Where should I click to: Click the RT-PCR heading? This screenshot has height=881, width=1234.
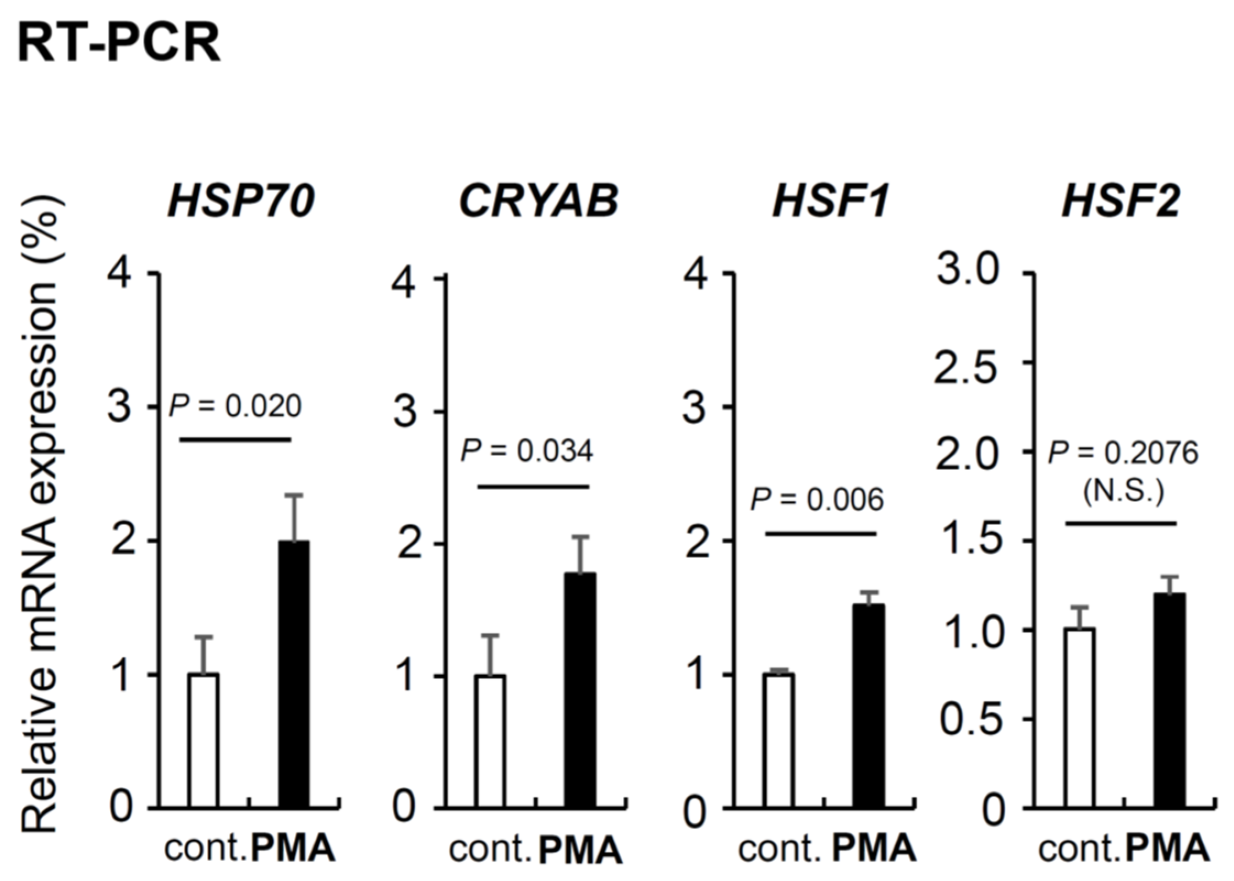tap(119, 42)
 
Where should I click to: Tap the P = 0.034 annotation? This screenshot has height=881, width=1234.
tap(526, 452)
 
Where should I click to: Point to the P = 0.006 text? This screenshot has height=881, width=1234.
tap(817, 500)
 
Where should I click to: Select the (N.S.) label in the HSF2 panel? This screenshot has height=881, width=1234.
tap(1123, 492)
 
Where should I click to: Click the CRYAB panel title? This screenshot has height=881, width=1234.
tap(538, 202)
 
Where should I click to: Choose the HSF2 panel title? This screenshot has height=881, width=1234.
tap(1121, 202)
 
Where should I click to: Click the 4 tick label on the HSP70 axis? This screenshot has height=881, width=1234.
tap(119, 273)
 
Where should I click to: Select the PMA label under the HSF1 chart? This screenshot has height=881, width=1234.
tap(874, 849)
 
